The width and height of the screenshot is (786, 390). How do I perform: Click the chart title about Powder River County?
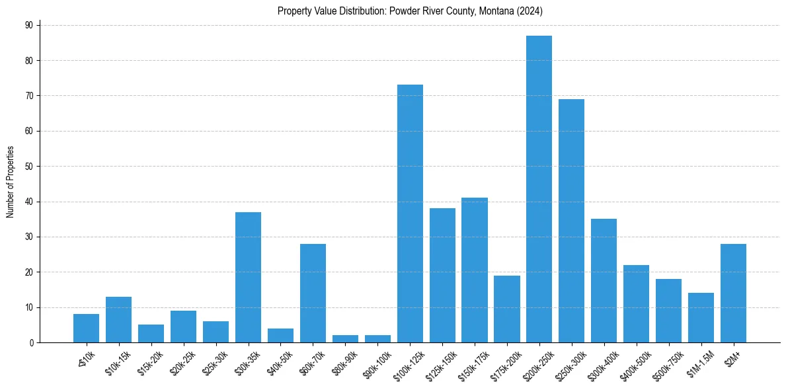[x=410, y=11]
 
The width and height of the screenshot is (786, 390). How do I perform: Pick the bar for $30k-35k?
[x=248, y=277]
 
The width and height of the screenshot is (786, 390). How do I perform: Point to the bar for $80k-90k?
[x=345, y=338]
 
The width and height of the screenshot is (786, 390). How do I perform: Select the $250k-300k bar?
[x=571, y=221]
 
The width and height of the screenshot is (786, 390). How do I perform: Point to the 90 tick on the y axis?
[x=29, y=25]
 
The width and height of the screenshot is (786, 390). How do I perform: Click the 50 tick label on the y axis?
[x=29, y=166]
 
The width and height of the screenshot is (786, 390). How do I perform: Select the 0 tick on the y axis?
[x=31, y=342]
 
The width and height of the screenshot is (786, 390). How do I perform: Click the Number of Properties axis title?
[x=10, y=182]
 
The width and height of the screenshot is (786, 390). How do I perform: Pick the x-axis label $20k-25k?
[x=182, y=362]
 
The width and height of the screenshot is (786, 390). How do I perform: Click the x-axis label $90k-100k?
[x=377, y=362]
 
